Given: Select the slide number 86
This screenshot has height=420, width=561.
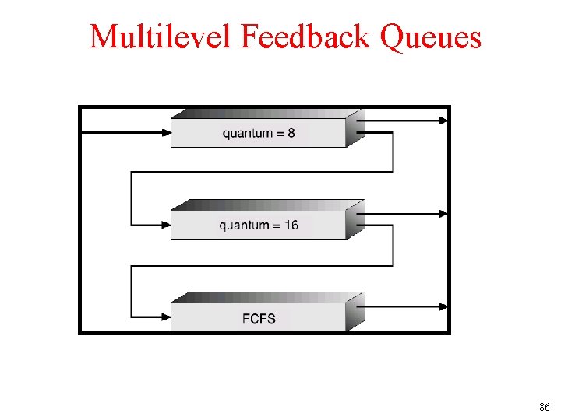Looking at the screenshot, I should pyautogui.click(x=544, y=407).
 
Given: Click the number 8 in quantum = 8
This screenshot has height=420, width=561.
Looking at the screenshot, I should pyautogui.click(x=291, y=133).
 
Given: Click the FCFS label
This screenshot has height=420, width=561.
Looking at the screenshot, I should pyautogui.click(x=259, y=317).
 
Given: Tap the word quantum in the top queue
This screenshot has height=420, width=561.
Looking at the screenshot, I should pyautogui.click(x=247, y=134).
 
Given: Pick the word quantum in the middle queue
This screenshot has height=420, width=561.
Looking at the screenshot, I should pyautogui.click(x=244, y=226).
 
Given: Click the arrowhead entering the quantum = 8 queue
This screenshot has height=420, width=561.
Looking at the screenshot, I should pyautogui.click(x=166, y=133).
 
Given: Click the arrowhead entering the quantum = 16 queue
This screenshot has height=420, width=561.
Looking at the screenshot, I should pyautogui.click(x=166, y=226).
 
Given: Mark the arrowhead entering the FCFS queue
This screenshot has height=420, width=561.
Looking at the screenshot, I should pyautogui.click(x=166, y=317).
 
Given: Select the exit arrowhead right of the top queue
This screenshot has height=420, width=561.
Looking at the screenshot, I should pyautogui.click(x=444, y=121).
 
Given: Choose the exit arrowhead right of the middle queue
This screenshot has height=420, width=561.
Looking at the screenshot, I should pyautogui.click(x=444, y=213).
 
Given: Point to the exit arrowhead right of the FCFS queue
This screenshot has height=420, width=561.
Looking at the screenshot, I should pyautogui.click(x=444, y=306).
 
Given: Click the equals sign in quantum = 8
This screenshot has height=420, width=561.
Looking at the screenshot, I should pyautogui.click(x=279, y=134).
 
